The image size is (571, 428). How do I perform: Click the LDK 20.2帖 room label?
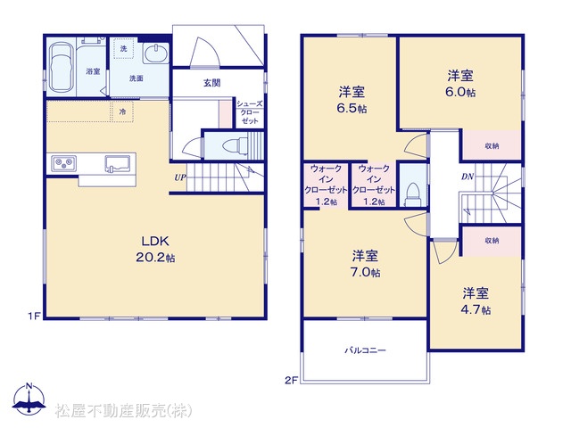point(155,249)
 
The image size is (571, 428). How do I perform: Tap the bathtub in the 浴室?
point(61,68)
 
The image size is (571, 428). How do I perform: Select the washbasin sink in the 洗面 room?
point(156,53)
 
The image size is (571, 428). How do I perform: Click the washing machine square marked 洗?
point(124,48)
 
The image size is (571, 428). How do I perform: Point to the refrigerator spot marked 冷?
point(122,111)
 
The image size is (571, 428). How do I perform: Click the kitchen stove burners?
point(63,162)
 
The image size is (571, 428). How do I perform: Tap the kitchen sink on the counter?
point(118,163)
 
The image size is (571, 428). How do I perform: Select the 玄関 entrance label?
point(212,83)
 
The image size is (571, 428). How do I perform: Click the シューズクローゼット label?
point(250,112)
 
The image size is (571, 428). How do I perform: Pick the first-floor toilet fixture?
point(236,145)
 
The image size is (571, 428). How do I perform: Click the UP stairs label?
point(180,177)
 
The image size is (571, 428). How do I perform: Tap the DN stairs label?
point(468,177)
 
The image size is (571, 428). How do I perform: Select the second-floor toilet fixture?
point(412,194)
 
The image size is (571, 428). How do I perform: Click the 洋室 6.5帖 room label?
point(352,100)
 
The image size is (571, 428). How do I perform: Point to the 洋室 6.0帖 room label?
point(460,84)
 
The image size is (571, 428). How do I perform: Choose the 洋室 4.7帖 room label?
point(476,301)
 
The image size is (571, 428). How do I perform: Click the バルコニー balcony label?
point(365,350)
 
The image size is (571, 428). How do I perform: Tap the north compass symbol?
point(29,399)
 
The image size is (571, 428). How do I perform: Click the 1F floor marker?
point(34,317)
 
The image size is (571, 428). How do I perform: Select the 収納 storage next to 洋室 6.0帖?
point(492,144)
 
